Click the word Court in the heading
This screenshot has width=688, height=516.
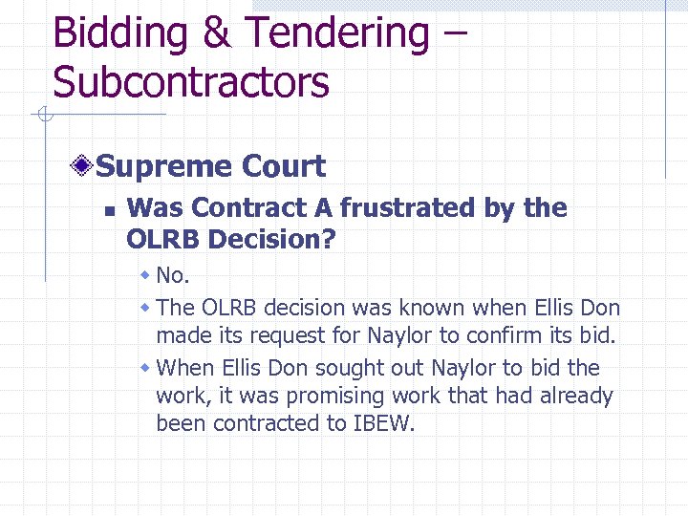tap(284, 166)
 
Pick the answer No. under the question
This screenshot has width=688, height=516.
tap(173, 276)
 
